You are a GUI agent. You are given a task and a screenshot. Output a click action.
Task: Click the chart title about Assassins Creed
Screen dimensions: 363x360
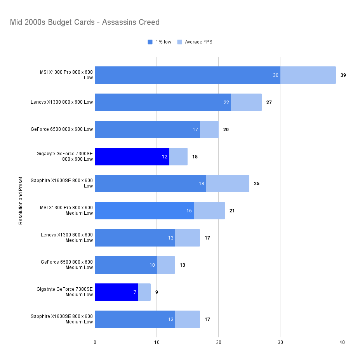coord(85,22)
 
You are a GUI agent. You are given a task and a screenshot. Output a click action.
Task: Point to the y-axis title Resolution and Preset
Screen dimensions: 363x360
coord(21,201)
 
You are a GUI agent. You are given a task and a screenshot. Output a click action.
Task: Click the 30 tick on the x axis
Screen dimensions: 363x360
coord(280,342)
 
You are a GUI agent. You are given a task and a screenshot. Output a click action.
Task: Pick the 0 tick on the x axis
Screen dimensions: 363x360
coord(95,342)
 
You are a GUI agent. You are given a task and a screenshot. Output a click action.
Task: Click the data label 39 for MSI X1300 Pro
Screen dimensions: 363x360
coord(343,75)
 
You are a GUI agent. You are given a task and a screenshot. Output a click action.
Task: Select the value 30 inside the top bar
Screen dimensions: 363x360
coord(276,75)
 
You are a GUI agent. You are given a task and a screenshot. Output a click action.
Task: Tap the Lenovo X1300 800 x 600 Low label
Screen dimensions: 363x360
coord(62,102)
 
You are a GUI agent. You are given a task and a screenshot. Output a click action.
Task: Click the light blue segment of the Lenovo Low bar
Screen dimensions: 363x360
coord(246,102)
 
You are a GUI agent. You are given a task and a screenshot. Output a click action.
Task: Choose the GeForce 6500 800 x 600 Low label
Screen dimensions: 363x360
coord(62,129)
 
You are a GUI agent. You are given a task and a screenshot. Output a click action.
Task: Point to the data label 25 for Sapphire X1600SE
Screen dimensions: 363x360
coord(256,184)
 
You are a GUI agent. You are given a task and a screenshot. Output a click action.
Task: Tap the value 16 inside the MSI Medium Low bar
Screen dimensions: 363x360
coord(189,211)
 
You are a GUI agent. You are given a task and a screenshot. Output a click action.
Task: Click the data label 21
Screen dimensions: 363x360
coord(232,211)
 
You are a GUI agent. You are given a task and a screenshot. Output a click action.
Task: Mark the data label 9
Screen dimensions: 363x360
coord(157,292)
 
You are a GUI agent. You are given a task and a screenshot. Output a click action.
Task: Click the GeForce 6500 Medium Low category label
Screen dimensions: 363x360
coord(67,265)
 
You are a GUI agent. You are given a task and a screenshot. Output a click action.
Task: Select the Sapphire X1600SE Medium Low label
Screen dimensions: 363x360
coord(62,319)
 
